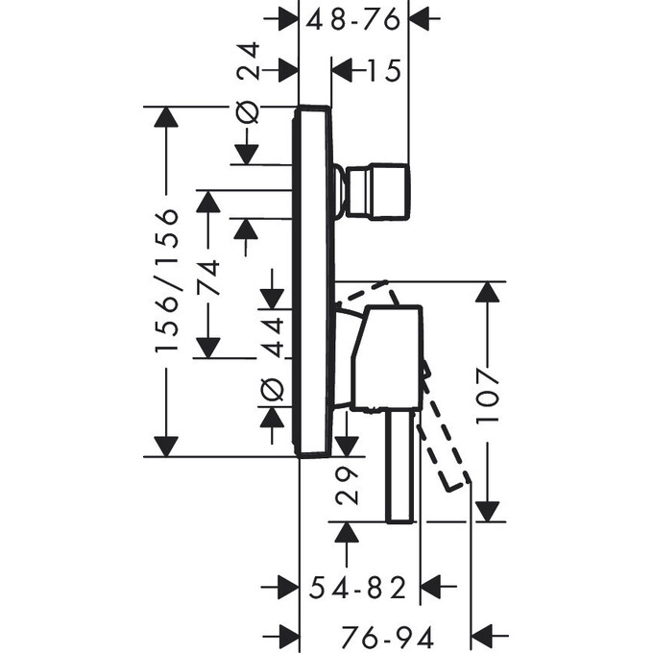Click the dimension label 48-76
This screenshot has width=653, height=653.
[354, 18]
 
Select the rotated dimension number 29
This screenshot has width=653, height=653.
[347, 486]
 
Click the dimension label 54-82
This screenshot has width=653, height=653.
[353, 588]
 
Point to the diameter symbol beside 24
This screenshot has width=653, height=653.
[248, 111]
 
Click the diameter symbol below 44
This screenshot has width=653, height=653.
[272, 388]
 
